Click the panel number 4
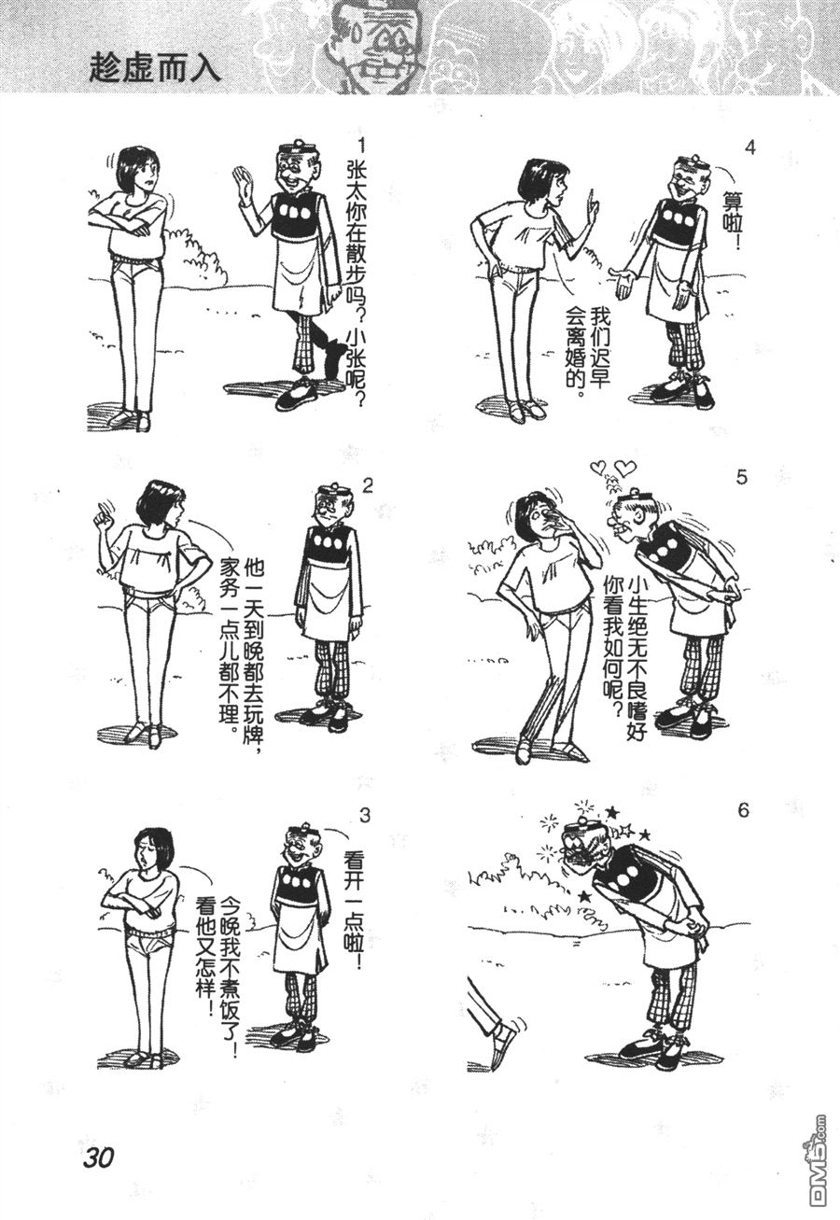pos(749,148)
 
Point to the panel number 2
pos(367,485)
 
